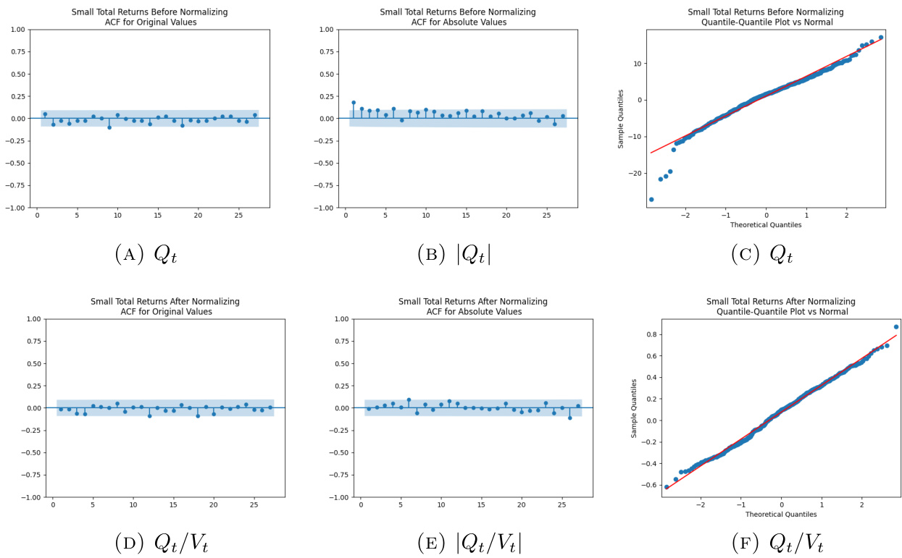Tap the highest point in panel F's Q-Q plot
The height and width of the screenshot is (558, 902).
[x=896, y=326]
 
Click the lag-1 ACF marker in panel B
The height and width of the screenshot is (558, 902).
[x=354, y=103]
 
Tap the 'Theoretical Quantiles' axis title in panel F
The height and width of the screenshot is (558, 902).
[x=781, y=514]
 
